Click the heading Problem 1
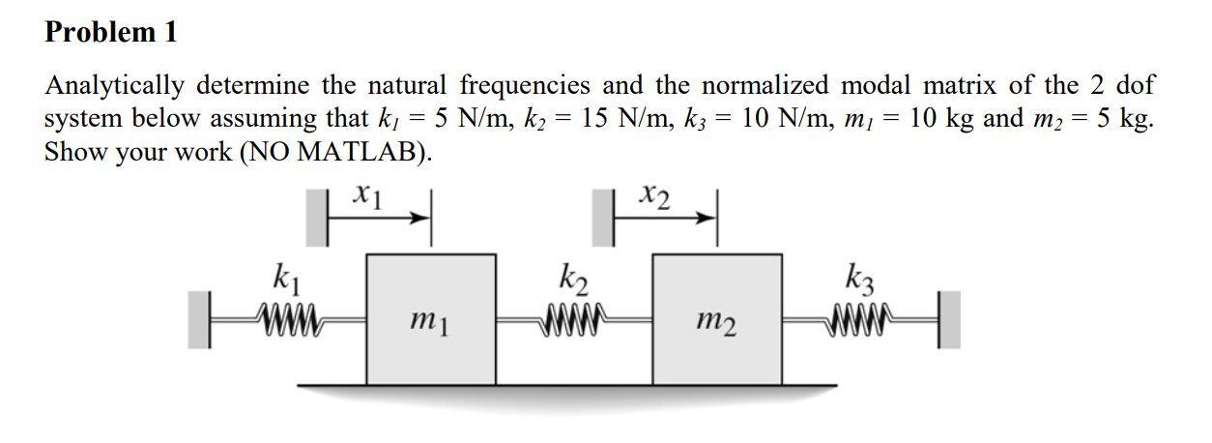(x=111, y=32)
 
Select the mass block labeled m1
(x=431, y=319)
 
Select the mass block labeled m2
(x=717, y=319)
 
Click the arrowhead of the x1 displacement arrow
(x=421, y=220)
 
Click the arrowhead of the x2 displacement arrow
(x=708, y=220)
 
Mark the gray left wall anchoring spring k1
(x=199, y=318)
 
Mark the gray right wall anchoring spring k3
(x=950, y=318)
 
